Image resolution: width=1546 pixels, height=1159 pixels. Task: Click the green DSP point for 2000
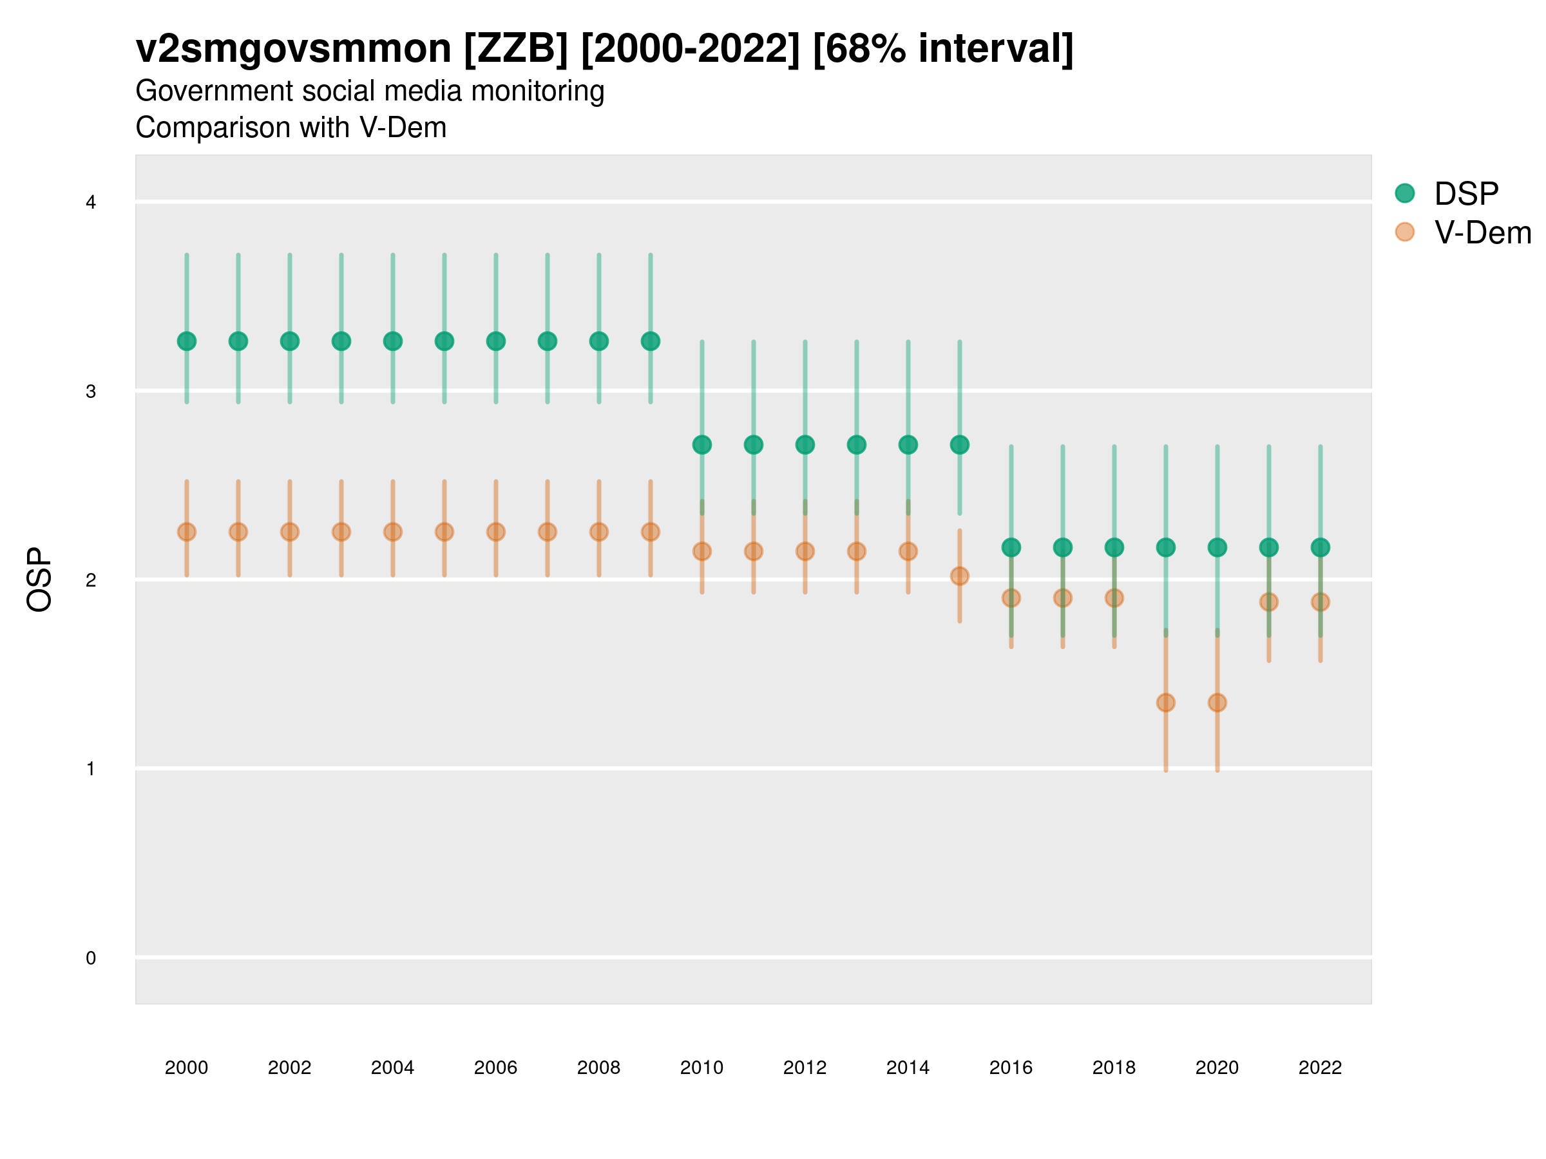(x=187, y=341)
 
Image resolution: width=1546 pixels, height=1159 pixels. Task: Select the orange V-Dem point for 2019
(x=1166, y=702)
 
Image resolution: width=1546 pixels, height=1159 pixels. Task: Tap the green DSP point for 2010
(x=701, y=444)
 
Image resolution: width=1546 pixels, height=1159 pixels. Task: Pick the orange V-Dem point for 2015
(x=960, y=576)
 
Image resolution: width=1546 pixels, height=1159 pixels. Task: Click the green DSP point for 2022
(x=1321, y=547)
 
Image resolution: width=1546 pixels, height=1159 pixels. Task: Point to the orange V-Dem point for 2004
(x=393, y=532)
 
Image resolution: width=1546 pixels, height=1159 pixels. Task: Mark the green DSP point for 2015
(x=960, y=444)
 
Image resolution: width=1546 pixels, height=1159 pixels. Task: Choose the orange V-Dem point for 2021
(x=1268, y=601)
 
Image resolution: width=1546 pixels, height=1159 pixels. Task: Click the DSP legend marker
(x=1405, y=193)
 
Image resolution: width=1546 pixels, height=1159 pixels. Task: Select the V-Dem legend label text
(x=1482, y=232)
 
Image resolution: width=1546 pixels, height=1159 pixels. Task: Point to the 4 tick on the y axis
(x=91, y=203)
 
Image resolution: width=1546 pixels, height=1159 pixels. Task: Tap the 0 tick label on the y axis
(x=91, y=958)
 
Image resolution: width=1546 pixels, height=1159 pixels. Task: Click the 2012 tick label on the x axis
(x=805, y=1068)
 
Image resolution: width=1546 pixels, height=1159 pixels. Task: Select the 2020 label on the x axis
(x=1217, y=1068)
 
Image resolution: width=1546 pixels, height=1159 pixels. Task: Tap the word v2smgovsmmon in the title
(x=294, y=49)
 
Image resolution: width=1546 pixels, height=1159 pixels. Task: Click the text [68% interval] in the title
(x=943, y=49)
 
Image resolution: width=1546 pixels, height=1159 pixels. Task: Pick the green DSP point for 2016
(x=1011, y=547)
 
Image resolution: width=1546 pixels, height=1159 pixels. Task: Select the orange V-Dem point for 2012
(x=805, y=551)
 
